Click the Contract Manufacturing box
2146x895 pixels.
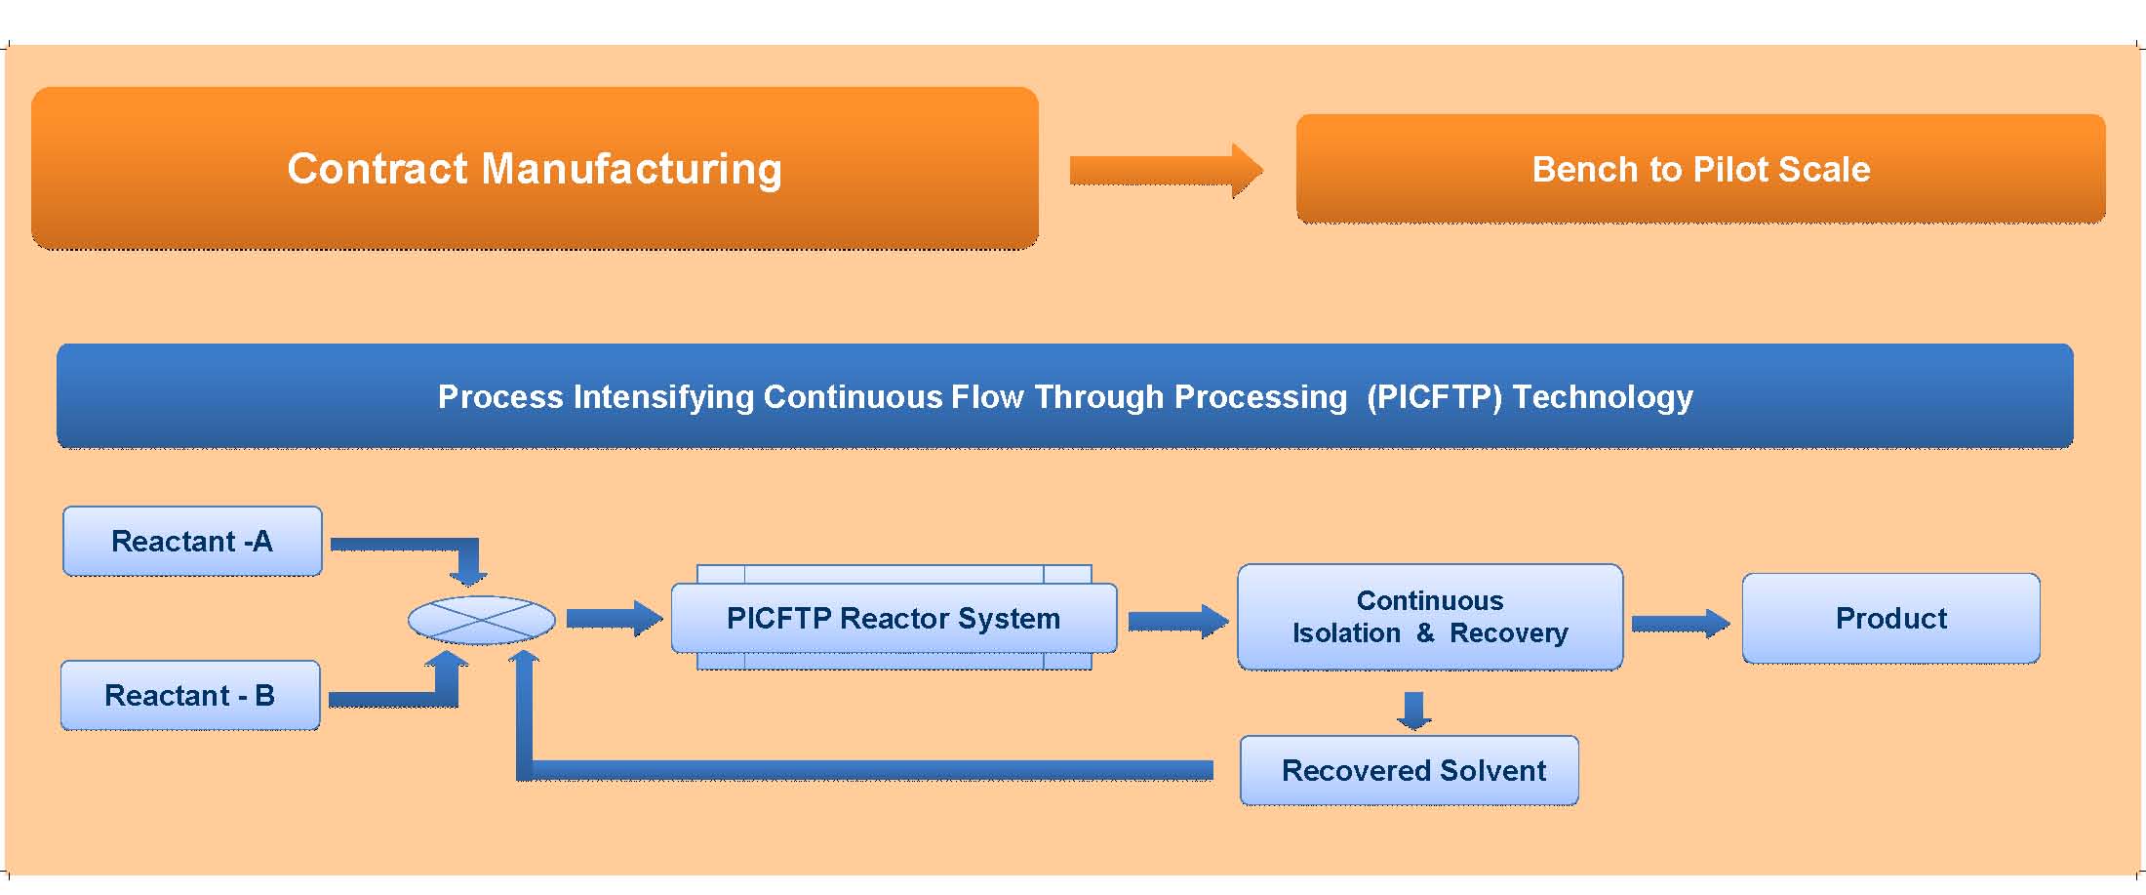click(x=535, y=168)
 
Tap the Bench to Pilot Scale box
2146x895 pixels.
click(x=1700, y=169)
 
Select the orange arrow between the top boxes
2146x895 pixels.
click(x=1167, y=171)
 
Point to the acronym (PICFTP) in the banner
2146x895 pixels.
click(x=1434, y=397)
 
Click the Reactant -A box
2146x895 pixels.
click(x=192, y=541)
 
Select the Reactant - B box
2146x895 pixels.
click(x=190, y=695)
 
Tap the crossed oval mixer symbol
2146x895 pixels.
click(x=481, y=620)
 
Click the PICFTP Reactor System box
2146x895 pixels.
click(x=894, y=618)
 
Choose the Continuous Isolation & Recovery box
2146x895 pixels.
click(x=1430, y=617)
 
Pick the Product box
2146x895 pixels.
click(x=1890, y=618)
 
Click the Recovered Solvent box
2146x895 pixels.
click(x=1410, y=770)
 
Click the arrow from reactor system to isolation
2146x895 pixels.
click(x=1178, y=621)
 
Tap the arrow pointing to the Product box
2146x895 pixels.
click(x=1681, y=623)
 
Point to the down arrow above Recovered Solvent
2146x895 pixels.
click(x=1414, y=711)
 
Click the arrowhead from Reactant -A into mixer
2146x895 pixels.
click(x=468, y=576)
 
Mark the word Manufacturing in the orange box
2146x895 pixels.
click(x=632, y=169)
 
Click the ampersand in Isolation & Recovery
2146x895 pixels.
click(x=1425, y=632)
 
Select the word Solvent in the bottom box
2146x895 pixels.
click(x=1492, y=770)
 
